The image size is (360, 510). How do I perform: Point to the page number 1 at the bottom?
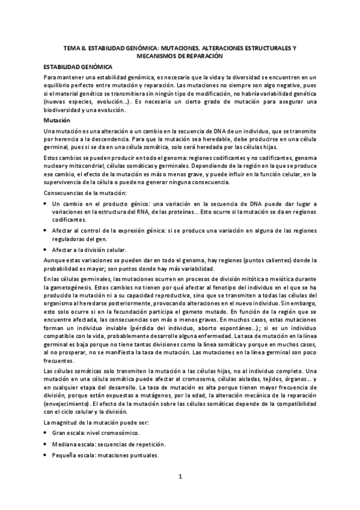(180, 477)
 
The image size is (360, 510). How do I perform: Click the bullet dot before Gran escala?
(46, 432)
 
